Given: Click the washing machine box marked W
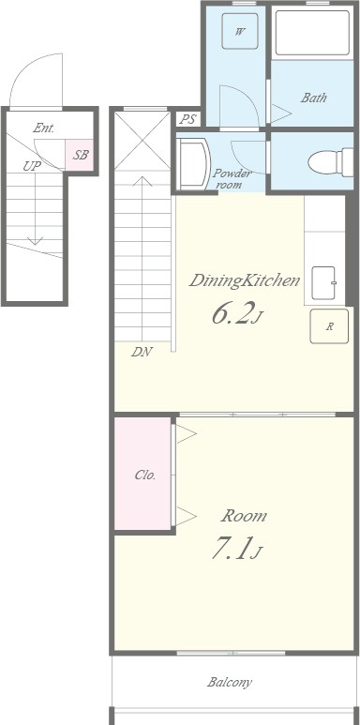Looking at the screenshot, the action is point(239,31).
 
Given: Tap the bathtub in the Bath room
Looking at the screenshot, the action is point(312,33).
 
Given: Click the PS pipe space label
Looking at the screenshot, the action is point(187,119).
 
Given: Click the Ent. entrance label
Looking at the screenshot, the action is point(43,128).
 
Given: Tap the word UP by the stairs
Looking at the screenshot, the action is point(32,166).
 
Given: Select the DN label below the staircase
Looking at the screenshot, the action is point(142,352).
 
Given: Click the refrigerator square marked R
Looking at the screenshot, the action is point(329,326).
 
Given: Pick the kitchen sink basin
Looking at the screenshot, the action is point(323,283).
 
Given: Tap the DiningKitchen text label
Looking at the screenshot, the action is point(245,280).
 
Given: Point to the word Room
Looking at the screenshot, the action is point(244,516).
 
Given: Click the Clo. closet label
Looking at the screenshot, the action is point(145,475).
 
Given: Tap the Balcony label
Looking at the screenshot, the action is point(230,682).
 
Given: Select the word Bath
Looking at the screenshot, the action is point(314,98).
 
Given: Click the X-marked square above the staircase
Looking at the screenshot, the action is point(142,141).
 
